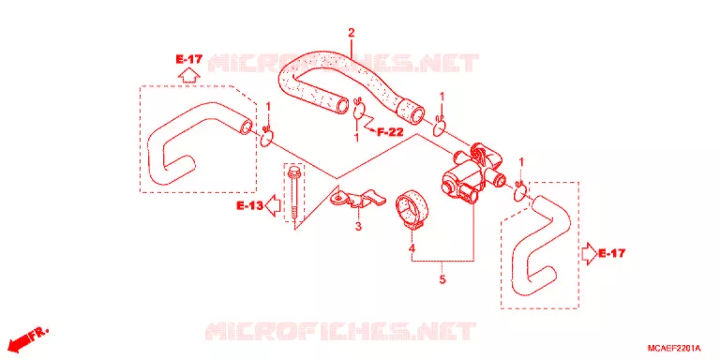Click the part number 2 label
352,33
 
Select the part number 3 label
358,226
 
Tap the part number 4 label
412,248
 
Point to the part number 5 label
442,279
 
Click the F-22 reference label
390,133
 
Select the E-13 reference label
250,206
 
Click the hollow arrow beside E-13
274,205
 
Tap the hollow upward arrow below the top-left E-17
188,74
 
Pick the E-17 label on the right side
611,252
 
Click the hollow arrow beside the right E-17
589,253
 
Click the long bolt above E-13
292,193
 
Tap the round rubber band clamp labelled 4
412,208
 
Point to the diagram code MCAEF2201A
674,348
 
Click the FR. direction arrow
28,339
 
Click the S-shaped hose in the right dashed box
541,245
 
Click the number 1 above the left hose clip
269,108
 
